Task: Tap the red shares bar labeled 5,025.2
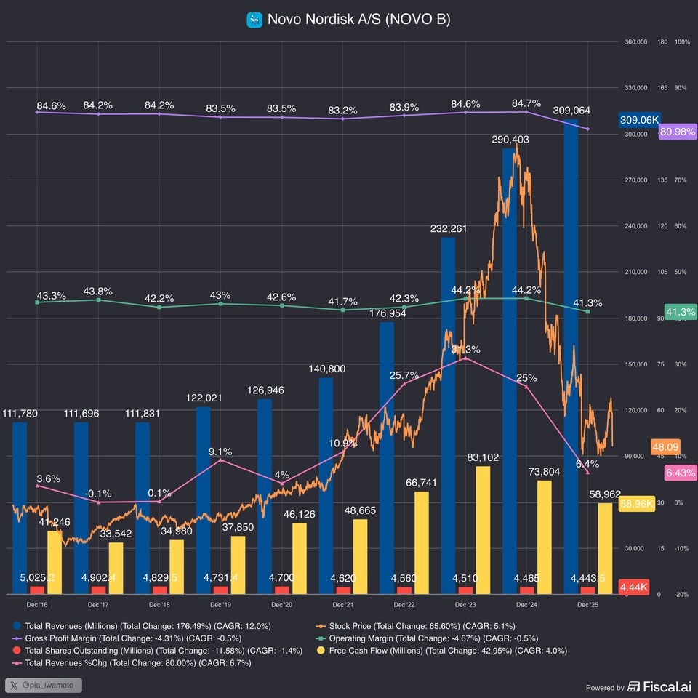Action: click(x=36, y=590)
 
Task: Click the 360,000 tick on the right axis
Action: click(x=635, y=42)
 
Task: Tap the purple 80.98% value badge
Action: click(x=677, y=132)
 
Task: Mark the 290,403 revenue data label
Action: click(x=510, y=139)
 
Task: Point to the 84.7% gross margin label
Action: click(x=526, y=103)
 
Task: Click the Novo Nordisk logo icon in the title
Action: click(x=254, y=20)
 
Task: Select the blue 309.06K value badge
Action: click(x=639, y=120)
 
